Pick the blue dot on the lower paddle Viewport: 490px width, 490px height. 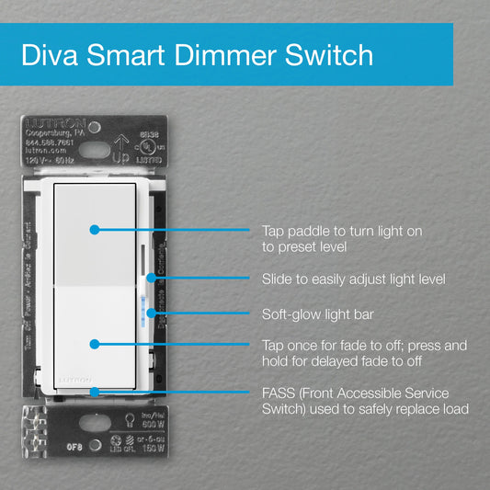click(x=93, y=343)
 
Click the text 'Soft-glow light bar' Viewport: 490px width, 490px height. click(x=319, y=313)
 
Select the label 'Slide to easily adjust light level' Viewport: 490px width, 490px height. click(x=353, y=279)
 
